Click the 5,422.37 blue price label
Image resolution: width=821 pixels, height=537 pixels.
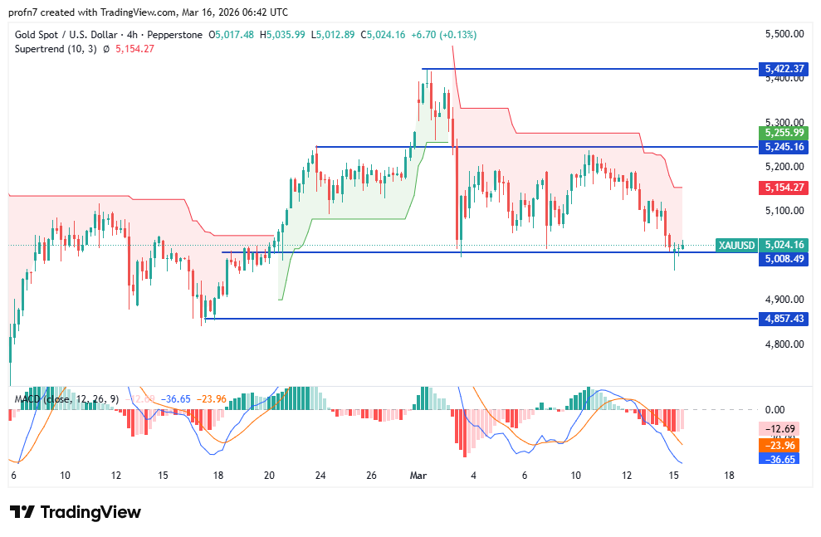point(783,69)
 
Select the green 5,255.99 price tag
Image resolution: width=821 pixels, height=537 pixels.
point(783,133)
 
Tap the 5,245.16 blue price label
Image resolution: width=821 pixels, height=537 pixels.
point(783,147)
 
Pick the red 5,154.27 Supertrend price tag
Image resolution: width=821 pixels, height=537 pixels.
point(783,188)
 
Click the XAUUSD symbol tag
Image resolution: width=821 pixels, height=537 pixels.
point(736,245)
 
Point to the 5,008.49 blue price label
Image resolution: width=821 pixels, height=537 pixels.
point(783,259)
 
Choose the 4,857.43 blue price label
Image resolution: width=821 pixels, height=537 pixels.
point(783,319)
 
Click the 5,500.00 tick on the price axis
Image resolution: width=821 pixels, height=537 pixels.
point(784,34)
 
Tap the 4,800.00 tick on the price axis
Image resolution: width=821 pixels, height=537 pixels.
point(784,344)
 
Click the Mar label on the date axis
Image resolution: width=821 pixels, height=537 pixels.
point(418,476)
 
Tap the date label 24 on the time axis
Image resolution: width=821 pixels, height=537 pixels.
point(320,476)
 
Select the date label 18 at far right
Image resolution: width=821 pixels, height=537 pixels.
point(729,476)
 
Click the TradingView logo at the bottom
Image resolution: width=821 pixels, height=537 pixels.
point(76,512)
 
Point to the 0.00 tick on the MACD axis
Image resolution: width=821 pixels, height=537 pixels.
point(775,410)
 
